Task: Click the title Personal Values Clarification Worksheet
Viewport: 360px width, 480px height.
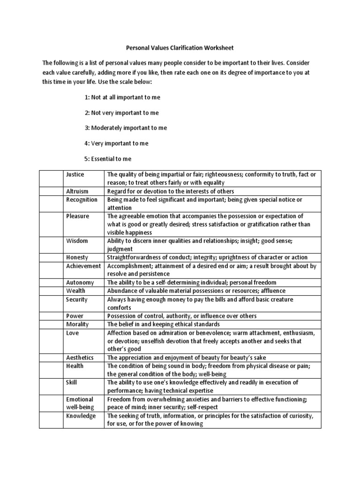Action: pyautogui.click(x=180, y=48)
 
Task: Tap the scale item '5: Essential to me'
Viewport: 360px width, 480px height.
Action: pyautogui.click(x=108, y=158)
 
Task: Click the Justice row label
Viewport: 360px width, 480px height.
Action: pyautogui.click(x=75, y=174)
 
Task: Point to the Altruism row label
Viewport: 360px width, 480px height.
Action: pyautogui.click(x=77, y=191)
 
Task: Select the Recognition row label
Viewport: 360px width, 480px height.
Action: pyautogui.click(x=82, y=200)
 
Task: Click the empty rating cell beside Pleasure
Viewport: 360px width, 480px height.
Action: pyautogui.click(x=51, y=224)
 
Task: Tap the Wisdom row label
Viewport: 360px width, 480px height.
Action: pyautogui.click(x=77, y=241)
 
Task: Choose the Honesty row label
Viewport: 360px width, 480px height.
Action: pyautogui.click(x=77, y=257)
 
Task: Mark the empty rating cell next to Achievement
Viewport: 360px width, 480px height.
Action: pyautogui.click(x=51, y=270)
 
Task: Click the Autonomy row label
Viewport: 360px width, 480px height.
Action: pyautogui.click(x=80, y=283)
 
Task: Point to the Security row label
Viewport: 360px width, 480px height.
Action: pyautogui.click(x=77, y=300)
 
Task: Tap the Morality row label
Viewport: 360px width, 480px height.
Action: pyautogui.click(x=78, y=324)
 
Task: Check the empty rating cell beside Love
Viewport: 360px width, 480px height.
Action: pyautogui.click(x=51, y=341)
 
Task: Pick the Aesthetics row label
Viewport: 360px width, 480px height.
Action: pyautogui.click(x=80, y=358)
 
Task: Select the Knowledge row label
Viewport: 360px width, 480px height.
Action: pyautogui.click(x=81, y=416)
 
